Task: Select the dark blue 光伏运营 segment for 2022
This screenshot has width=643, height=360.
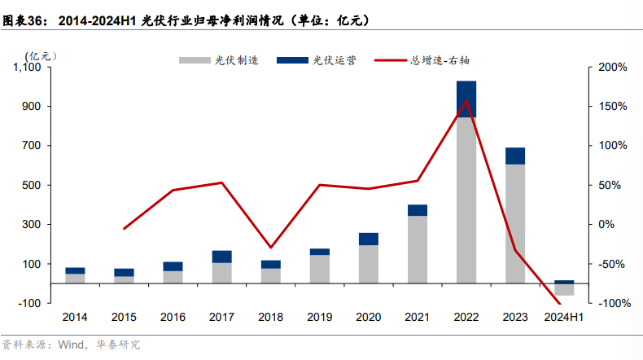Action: pos(466,99)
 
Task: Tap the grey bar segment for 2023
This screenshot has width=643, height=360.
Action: pos(514,224)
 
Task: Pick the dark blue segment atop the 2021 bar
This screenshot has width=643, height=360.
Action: pos(417,210)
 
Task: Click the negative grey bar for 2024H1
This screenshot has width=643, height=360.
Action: pos(564,289)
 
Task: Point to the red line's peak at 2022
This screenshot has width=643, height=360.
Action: pos(466,101)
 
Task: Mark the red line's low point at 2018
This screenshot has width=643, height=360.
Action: pos(270,248)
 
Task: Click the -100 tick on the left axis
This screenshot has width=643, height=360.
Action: pos(30,303)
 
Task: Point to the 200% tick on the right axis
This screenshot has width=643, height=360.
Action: pos(611,68)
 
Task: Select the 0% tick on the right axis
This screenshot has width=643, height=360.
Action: pos(607,225)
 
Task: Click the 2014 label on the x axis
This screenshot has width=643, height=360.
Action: pos(75,317)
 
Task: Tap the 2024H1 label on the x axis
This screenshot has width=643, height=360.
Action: pos(564,317)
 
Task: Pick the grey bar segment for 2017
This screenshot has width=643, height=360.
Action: pos(221,273)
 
